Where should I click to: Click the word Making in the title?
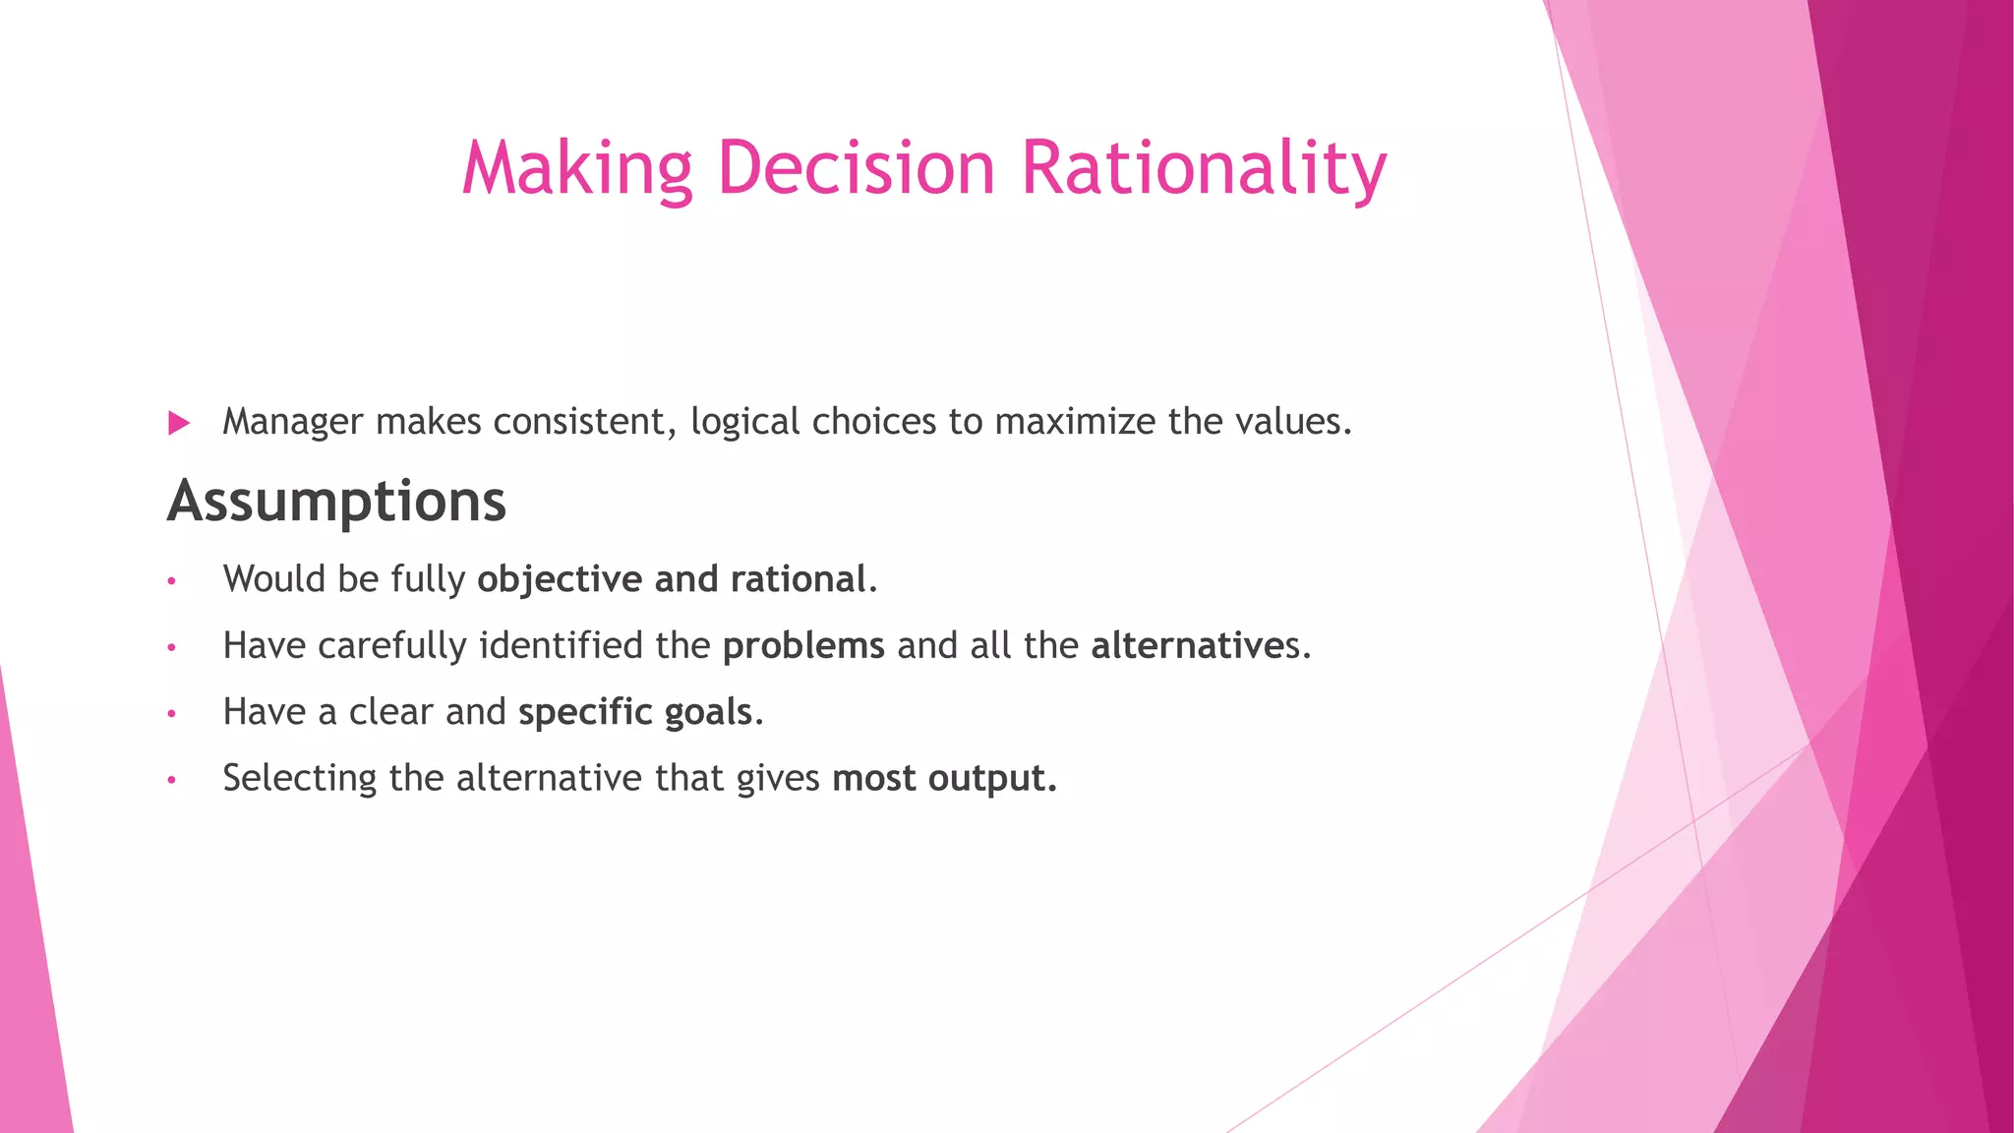pyautogui.click(x=577, y=167)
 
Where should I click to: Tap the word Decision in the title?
pyautogui.click(x=858, y=167)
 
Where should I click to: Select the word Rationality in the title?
pyautogui.click(x=1204, y=167)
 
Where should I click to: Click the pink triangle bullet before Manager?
pyautogui.click(x=179, y=423)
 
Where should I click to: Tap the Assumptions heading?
pyautogui.click(x=336, y=502)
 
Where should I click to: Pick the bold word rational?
pyautogui.click(x=798, y=579)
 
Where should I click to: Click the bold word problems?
pyautogui.click(x=803, y=646)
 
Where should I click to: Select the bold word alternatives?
pyautogui.click(x=1194, y=646)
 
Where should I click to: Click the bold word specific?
pyautogui.click(x=585, y=712)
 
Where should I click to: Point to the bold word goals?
pyautogui.click(x=708, y=712)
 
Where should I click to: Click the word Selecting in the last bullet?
pyautogui.click(x=299, y=778)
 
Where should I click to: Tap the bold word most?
pyautogui.click(x=873, y=779)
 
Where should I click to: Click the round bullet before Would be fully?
pyautogui.click(x=171, y=581)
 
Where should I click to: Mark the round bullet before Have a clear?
pyautogui.click(x=171, y=714)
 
